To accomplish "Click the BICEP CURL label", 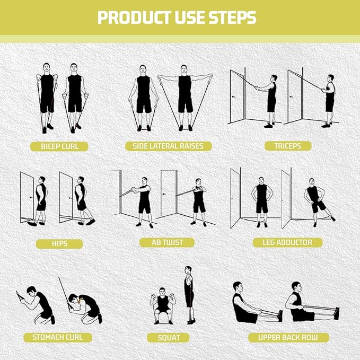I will [59, 146].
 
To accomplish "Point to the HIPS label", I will [59, 244].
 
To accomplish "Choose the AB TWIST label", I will [167, 242].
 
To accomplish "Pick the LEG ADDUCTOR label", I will [287, 242].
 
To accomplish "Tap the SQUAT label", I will [169, 337].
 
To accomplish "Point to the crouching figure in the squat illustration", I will [162, 306].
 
